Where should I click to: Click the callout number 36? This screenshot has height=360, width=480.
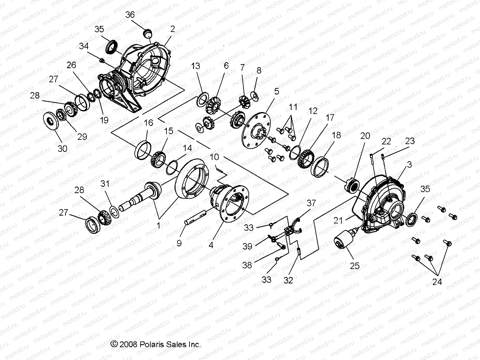(x=130, y=15)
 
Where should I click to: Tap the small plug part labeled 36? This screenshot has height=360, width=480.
(x=148, y=33)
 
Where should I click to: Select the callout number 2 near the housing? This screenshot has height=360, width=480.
(x=173, y=29)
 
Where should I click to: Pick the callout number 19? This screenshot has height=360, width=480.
(x=104, y=120)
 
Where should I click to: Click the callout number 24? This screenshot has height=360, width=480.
(x=437, y=282)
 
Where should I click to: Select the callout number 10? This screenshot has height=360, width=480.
(x=214, y=157)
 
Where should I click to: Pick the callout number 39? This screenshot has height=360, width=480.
(x=247, y=247)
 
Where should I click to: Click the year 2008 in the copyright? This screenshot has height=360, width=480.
(x=129, y=344)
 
